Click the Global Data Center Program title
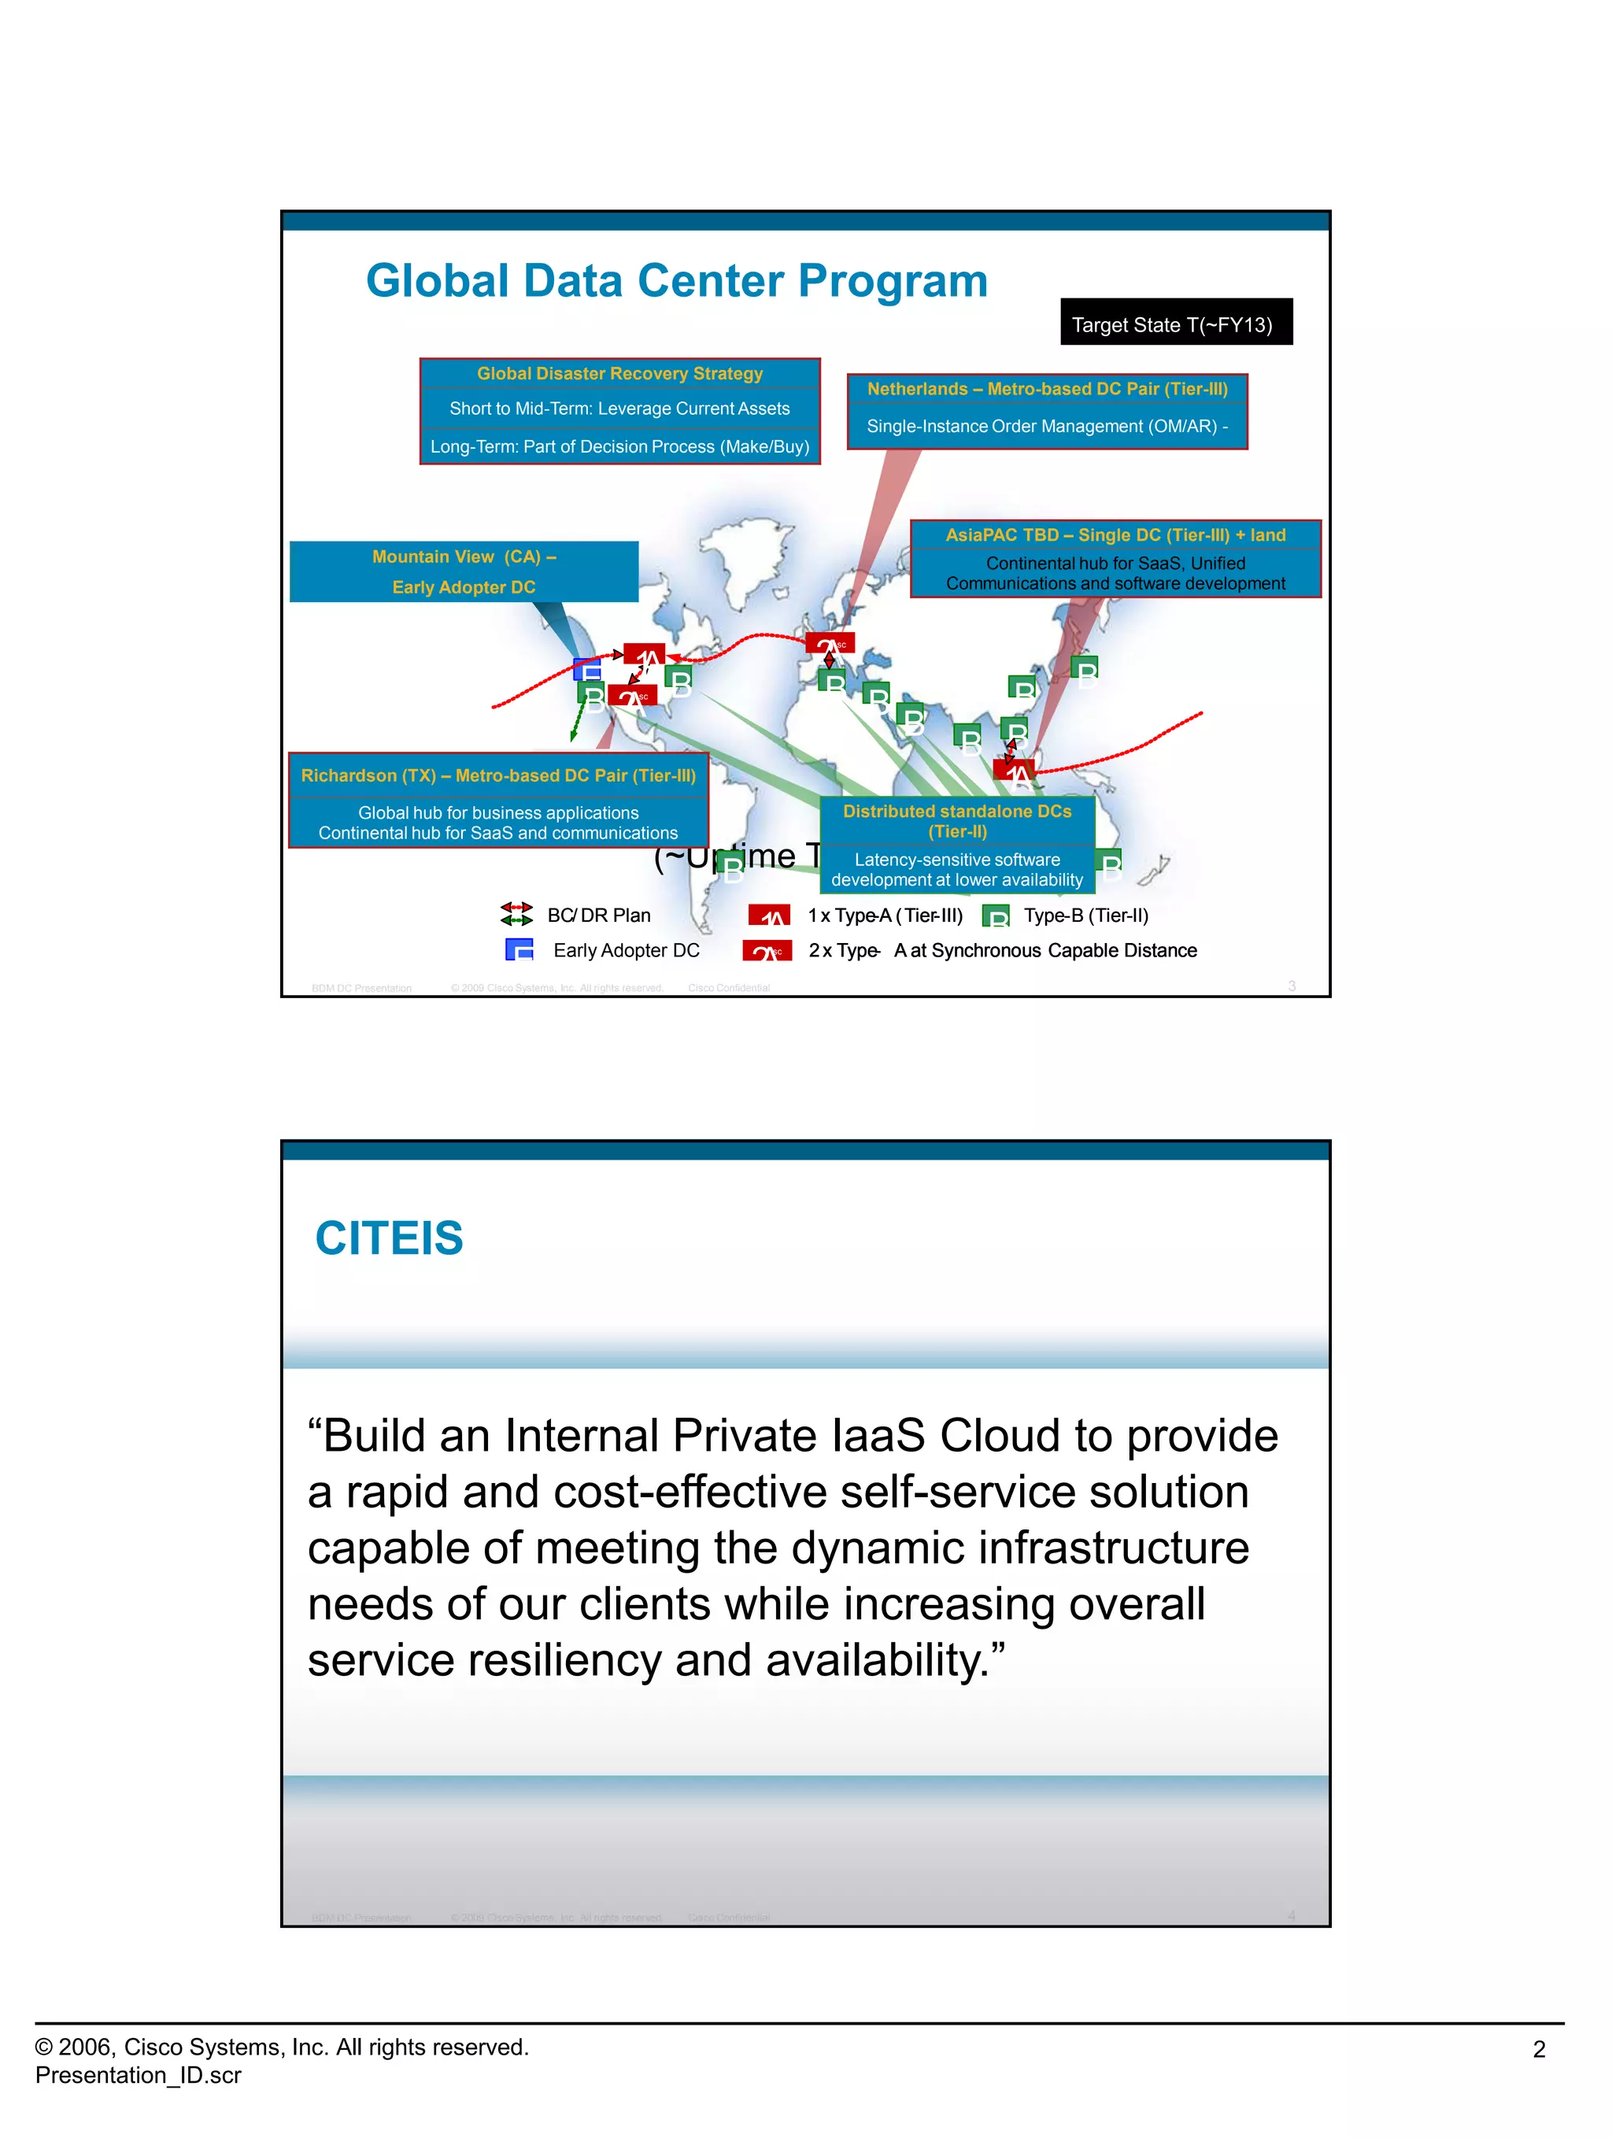(x=676, y=281)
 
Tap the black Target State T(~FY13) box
(x=1175, y=323)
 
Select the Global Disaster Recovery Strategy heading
(x=619, y=374)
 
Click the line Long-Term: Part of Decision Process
(x=619, y=446)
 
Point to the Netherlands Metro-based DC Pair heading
(x=1047, y=390)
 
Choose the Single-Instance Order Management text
(x=1047, y=426)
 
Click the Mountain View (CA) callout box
(x=464, y=571)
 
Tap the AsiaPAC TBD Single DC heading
(x=1115, y=535)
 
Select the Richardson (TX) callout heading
(x=497, y=776)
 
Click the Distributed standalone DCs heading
(x=957, y=820)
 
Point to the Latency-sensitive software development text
(x=957, y=870)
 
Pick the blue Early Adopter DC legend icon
(x=519, y=950)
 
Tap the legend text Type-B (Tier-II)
(x=1085, y=915)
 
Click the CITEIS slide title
(x=390, y=1238)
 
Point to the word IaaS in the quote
(x=878, y=1435)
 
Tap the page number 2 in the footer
(x=1539, y=2049)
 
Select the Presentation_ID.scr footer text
(x=139, y=2075)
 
